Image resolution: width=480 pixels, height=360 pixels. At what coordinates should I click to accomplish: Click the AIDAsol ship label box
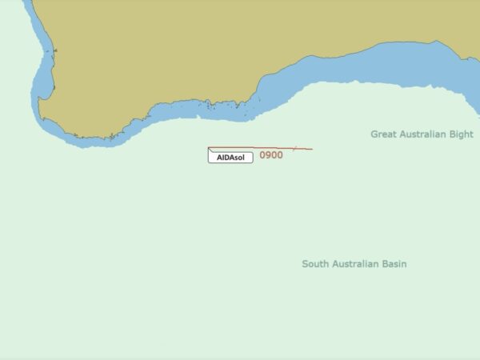click(x=230, y=158)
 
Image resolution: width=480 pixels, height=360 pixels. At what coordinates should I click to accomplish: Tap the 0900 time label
click(x=271, y=155)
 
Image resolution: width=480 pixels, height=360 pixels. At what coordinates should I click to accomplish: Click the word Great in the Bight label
click(x=385, y=134)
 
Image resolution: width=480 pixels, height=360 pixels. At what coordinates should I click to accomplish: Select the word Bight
click(x=460, y=134)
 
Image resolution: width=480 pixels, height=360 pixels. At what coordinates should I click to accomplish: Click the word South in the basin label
click(x=315, y=263)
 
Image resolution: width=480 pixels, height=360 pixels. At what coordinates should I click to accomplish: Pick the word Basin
click(x=393, y=263)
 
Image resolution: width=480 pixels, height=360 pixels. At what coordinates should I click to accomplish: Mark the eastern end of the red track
click(x=312, y=149)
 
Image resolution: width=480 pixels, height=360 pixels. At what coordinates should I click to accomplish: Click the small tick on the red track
click(x=294, y=148)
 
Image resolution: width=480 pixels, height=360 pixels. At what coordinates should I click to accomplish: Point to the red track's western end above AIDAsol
click(x=209, y=148)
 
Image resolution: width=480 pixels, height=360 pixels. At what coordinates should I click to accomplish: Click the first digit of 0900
click(x=262, y=155)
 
